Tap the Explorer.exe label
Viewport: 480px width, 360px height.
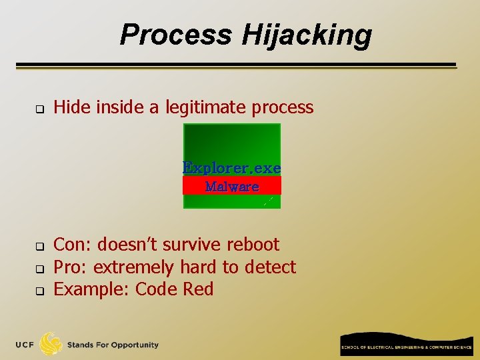pos(232,167)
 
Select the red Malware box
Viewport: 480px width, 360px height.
pos(232,186)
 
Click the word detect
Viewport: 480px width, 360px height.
pos(270,267)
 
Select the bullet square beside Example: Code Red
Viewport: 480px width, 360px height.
pos(39,291)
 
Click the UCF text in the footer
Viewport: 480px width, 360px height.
pos(25,345)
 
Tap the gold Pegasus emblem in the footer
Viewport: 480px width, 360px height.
pos(51,344)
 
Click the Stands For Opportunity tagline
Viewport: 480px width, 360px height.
pos(113,345)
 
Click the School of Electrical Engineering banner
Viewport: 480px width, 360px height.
pos(406,344)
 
